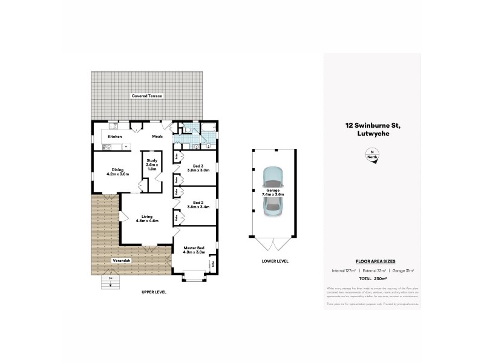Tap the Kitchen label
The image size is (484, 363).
click(x=115, y=137)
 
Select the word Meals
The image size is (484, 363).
click(x=157, y=137)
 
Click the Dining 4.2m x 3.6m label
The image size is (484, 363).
click(x=118, y=172)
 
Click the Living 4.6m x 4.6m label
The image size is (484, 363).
click(x=147, y=218)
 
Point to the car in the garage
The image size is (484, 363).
click(x=272, y=190)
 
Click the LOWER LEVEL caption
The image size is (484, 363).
click(x=276, y=261)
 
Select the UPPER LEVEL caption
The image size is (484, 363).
click(x=154, y=292)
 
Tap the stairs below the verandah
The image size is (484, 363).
click(x=111, y=281)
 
